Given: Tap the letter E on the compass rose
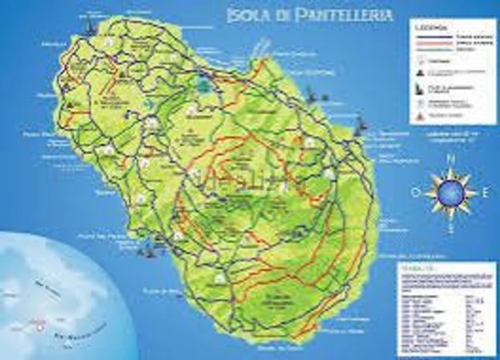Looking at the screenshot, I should point(484,192).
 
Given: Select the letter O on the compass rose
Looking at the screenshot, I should point(415,192).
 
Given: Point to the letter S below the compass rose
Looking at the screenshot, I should point(450,227).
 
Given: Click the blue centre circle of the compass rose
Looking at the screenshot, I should point(450,192).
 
